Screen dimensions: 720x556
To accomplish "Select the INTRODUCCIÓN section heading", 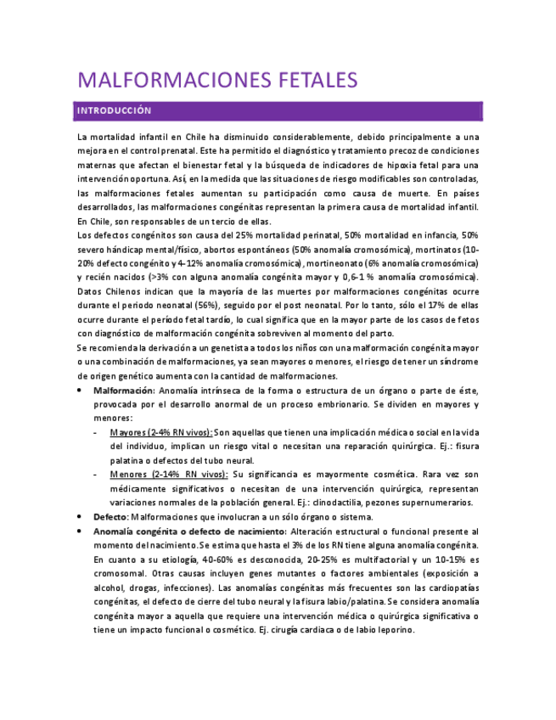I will click(114, 110).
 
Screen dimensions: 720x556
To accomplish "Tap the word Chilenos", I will click(125, 291).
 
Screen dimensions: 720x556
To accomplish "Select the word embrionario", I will click(362, 404).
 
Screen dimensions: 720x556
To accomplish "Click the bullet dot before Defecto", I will click(80, 516).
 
